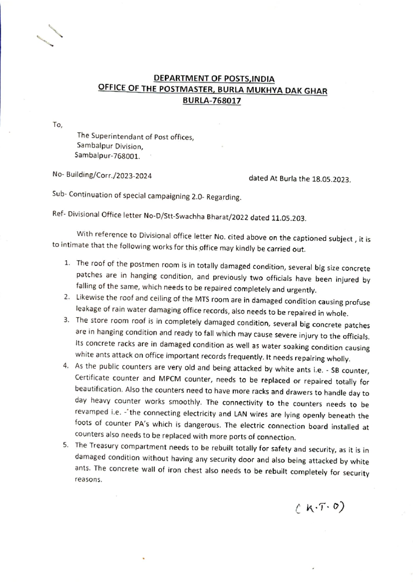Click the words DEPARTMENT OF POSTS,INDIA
[x=214, y=79]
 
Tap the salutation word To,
[x=57, y=125]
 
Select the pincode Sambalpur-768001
[x=107, y=156]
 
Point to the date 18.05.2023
[x=331, y=179]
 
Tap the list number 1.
[x=67, y=263]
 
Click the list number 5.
[x=65, y=445]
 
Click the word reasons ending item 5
[x=88, y=479]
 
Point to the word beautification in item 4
[x=99, y=389]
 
